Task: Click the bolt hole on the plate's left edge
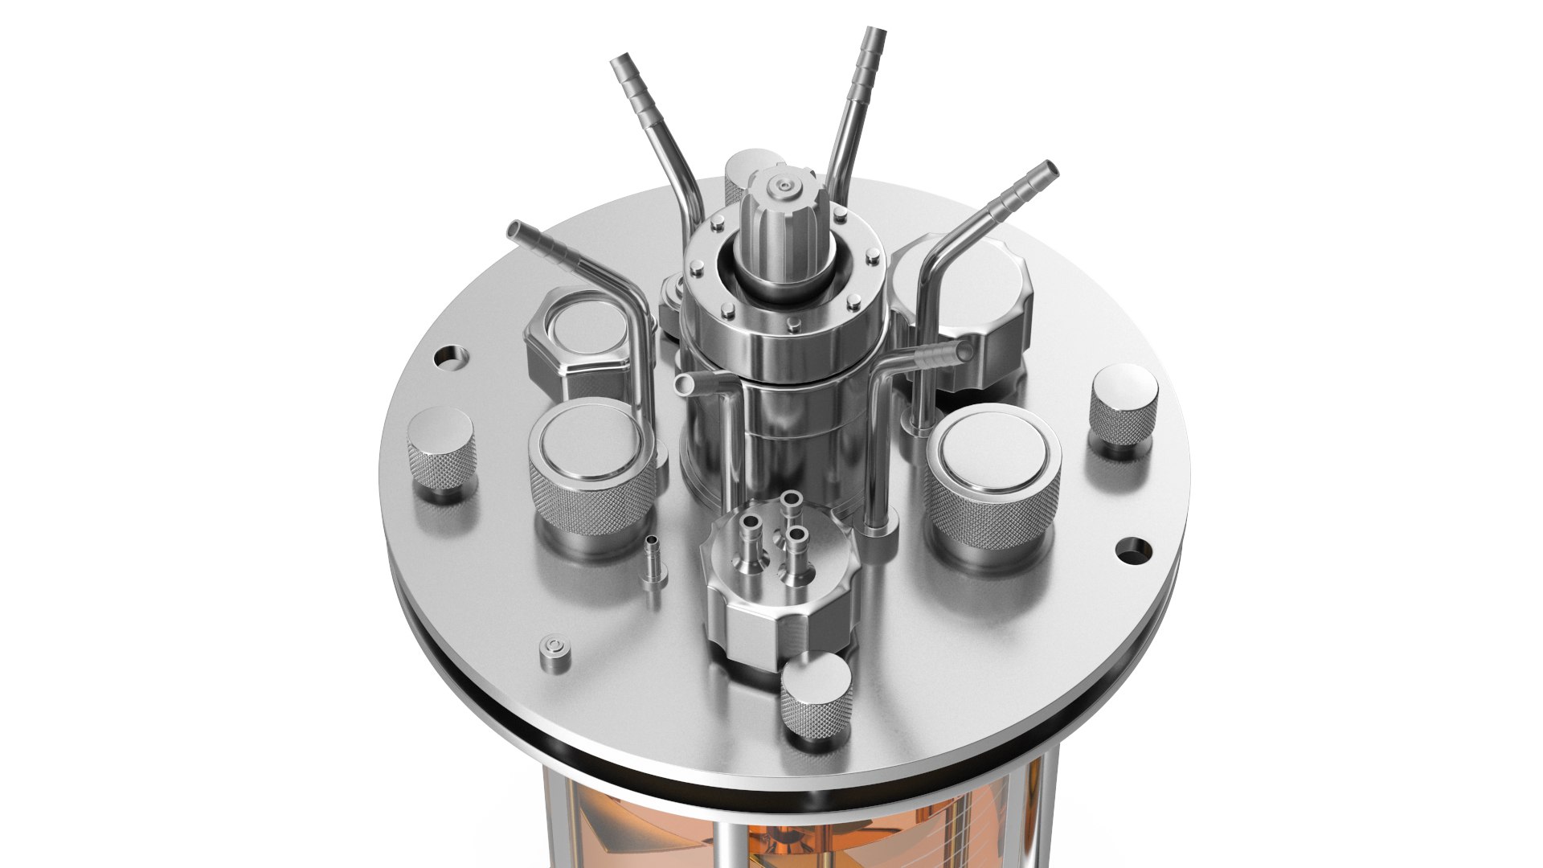click(x=448, y=356)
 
